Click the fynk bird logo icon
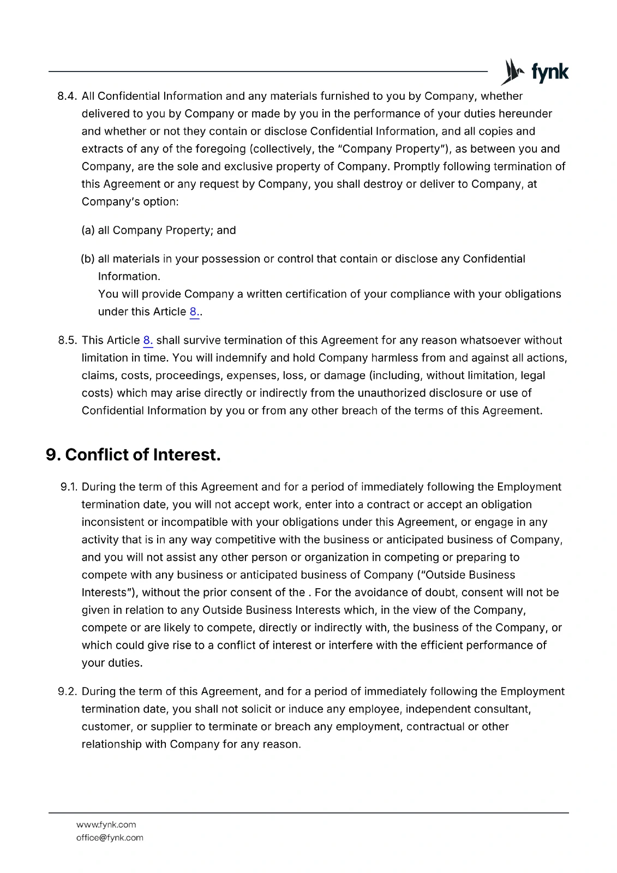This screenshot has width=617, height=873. click(x=512, y=72)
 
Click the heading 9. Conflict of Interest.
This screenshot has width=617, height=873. click(x=133, y=455)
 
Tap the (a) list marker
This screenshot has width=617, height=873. click(x=88, y=230)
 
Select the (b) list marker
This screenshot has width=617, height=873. click(x=88, y=259)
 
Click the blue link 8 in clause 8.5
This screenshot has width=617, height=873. click(x=147, y=340)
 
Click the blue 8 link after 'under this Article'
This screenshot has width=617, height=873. click(x=194, y=312)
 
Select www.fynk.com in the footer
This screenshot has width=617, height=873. click(x=106, y=824)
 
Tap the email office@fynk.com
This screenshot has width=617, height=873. click(x=110, y=838)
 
